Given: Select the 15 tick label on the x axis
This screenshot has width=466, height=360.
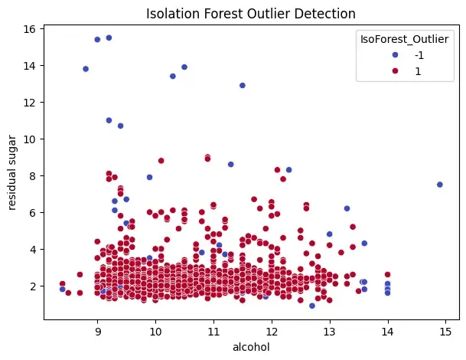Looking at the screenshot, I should coord(445,332).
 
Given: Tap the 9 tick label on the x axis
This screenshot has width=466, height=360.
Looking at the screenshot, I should coord(97,332).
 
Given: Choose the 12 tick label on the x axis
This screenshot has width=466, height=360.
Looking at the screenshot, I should coord(271,332).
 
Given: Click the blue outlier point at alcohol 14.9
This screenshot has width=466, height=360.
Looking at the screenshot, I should coord(440,185).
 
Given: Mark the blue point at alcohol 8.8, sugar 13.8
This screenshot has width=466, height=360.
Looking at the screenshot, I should coord(86,69).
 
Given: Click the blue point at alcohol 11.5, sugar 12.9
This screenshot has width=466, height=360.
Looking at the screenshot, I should coord(243,85).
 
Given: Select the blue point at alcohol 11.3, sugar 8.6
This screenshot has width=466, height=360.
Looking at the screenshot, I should coord(230,164).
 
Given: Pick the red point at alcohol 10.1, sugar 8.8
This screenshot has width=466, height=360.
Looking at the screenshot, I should coord(161,161).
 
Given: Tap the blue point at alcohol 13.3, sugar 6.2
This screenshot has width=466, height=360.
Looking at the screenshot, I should coord(347,208).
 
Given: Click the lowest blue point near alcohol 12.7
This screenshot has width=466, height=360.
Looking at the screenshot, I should coord(312,306).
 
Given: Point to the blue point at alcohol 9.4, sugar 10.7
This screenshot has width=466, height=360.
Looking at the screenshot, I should coord(120,126).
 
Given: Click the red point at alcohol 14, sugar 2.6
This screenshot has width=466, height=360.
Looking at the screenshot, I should coord(388,274).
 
